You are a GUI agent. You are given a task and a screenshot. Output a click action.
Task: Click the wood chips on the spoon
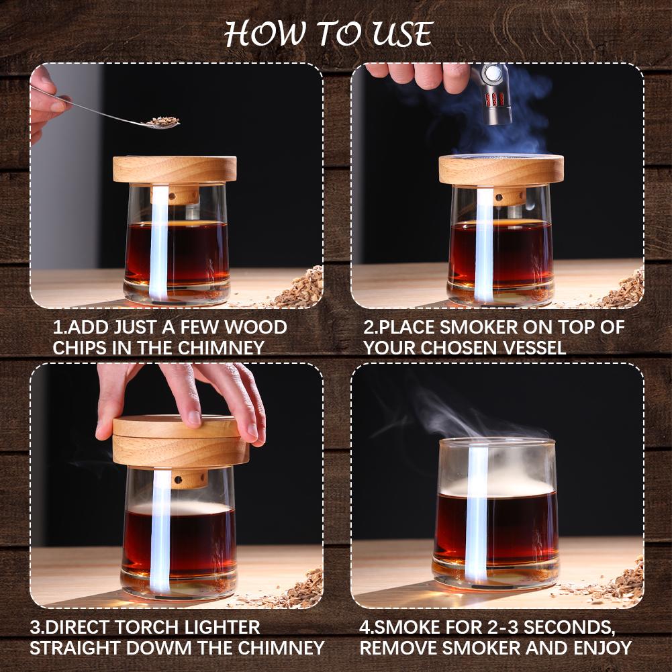coord(163,122)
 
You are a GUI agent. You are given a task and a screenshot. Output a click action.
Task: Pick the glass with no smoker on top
coord(496,510)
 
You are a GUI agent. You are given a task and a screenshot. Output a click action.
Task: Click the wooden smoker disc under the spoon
coord(175,170)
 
